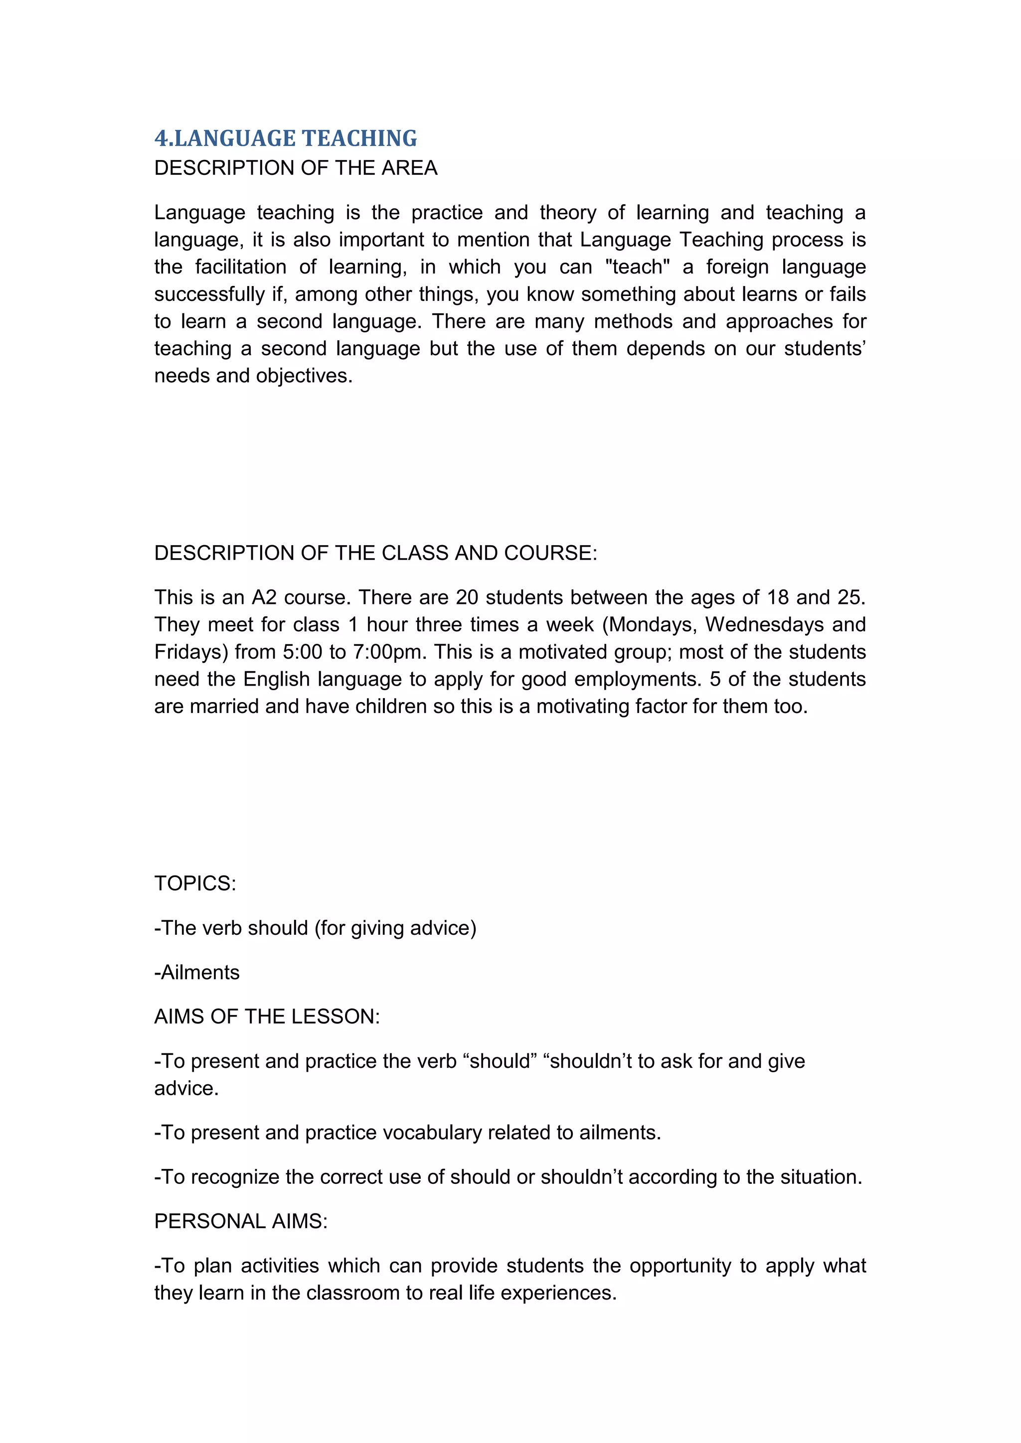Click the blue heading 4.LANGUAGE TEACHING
pyautogui.click(x=286, y=138)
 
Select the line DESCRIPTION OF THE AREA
pyautogui.click(x=296, y=168)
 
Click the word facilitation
pyautogui.click(x=240, y=267)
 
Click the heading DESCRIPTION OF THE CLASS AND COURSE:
pyautogui.click(x=375, y=553)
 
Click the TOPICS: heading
pyautogui.click(x=195, y=883)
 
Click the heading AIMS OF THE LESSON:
pyautogui.click(x=267, y=1016)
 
